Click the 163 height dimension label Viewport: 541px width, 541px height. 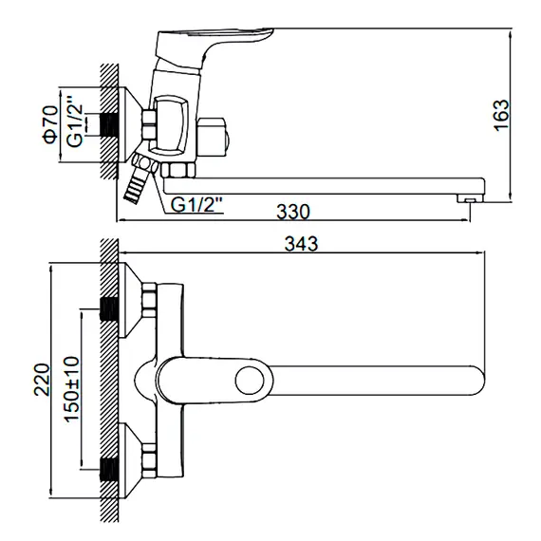[502, 115]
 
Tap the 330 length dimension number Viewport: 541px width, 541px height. [293, 212]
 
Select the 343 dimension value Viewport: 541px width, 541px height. [301, 244]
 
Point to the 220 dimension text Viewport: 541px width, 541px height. [42, 380]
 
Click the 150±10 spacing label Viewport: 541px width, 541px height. [72, 389]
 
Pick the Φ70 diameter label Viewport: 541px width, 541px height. [50, 124]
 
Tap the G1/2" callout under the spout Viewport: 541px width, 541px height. [196, 205]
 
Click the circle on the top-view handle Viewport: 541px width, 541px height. [250, 381]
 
